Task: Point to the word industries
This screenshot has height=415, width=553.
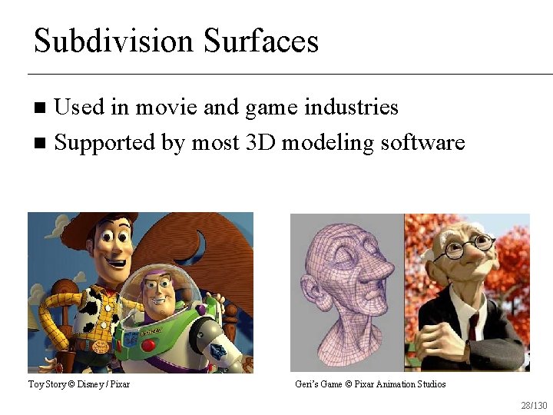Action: coord(351,107)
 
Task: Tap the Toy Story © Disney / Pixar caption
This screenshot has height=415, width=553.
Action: coord(79,383)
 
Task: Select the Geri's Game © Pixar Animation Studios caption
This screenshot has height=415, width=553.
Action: coord(370,383)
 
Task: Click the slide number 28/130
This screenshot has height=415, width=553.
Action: coord(534,405)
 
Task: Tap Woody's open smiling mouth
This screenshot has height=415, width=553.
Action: coord(116,264)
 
